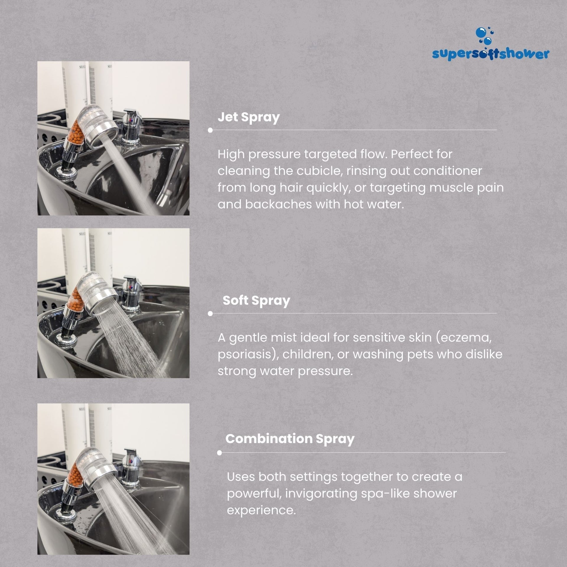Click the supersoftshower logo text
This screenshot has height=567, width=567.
(x=491, y=54)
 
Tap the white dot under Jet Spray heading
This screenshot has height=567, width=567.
(x=210, y=130)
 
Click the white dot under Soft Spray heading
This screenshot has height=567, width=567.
(x=210, y=314)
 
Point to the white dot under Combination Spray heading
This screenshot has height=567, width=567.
(x=219, y=453)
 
